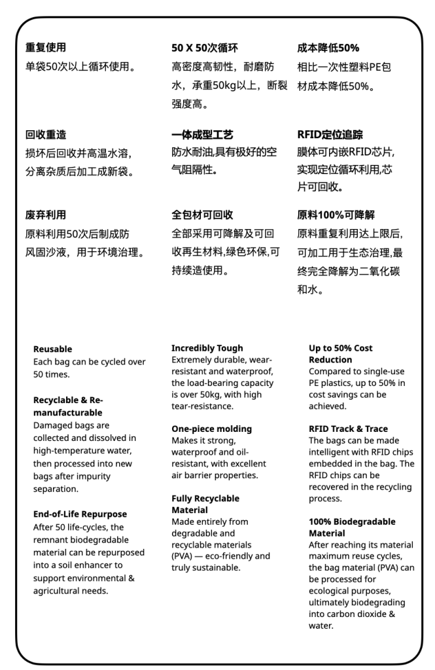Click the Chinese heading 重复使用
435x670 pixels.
pyautogui.click(x=46, y=48)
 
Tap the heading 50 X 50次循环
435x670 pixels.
pyautogui.click(x=204, y=48)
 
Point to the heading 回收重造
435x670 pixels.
pyautogui.click(x=46, y=135)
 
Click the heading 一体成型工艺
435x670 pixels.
pyautogui.click(x=202, y=135)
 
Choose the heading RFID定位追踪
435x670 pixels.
pyautogui.click(x=330, y=135)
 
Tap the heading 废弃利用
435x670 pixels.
pyautogui.click(x=46, y=215)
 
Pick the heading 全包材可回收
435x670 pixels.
pyautogui.click(x=202, y=215)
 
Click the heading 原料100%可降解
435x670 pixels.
pyautogui.click(x=336, y=215)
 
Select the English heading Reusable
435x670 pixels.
pyautogui.click(x=52, y=349)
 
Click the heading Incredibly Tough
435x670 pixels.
pyautogui.click(x=207, y=348)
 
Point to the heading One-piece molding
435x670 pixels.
pyautogui.click(x=211, y=429)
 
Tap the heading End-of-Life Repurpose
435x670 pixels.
pyautogui.click(x=80, y=514)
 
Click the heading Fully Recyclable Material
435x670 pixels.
pyautogui.click(x=205, y=504)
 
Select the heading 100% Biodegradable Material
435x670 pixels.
pyautogui.click(x=352, y=527)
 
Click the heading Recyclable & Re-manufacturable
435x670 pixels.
pyautogui.click(x=68, y=406)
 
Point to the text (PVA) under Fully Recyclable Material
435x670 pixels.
pyautogui.click(x=184, y=556)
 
